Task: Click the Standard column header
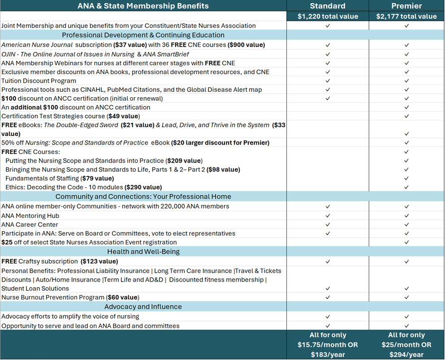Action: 328,6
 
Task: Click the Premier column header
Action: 406,6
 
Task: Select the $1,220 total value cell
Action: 328,16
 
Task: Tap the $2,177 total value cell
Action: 406,16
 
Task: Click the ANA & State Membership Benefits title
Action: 143,6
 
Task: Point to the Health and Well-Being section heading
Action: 143,252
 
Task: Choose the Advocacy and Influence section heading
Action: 143,307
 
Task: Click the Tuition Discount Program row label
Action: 39,81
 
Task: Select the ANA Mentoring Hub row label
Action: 30,215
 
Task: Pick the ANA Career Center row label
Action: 30,224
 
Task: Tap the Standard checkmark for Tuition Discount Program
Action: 328,81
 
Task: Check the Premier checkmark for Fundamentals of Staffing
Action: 406,178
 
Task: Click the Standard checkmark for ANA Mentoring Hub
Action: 328,216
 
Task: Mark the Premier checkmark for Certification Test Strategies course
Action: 406,116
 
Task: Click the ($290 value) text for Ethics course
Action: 143,187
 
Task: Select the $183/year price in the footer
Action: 328,355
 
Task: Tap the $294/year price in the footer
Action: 406,355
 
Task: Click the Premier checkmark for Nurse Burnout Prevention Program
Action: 406,297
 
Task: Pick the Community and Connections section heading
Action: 143,197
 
